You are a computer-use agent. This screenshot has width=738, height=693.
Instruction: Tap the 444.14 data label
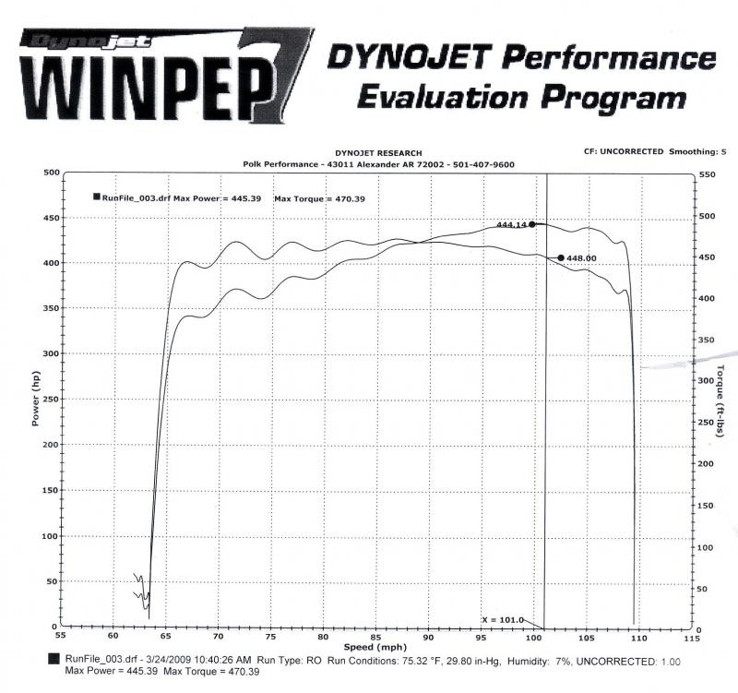[x=511, y=224]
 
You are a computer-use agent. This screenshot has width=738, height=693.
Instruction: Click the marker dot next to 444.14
[x=532, y=224]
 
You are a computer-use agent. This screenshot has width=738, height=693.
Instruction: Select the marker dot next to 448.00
[x=561, y=258]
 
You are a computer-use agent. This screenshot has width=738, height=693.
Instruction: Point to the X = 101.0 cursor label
[x=503, y=619]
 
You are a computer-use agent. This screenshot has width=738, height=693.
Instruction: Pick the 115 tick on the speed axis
[x=685, y=637]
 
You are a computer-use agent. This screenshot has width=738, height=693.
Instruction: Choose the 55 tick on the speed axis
[x=61, y=637]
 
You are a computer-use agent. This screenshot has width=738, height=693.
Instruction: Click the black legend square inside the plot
[x=96, y=197]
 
